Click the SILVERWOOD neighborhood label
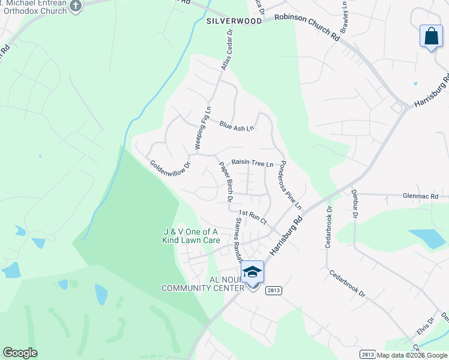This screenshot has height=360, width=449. [234, 20]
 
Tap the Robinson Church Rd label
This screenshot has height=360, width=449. [307, 28]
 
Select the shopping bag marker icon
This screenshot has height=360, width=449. [431, 37]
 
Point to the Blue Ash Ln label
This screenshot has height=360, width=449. [237, 127]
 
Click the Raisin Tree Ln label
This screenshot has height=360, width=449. [252, 163]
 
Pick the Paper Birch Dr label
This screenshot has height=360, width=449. [226, 181]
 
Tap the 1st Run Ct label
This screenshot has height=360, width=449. [252, 217]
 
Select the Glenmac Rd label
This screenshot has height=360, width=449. [421, 196]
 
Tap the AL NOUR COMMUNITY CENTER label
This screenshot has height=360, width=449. [203, 284]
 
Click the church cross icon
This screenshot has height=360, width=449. [76, 6]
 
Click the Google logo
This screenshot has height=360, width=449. [20, 353]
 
